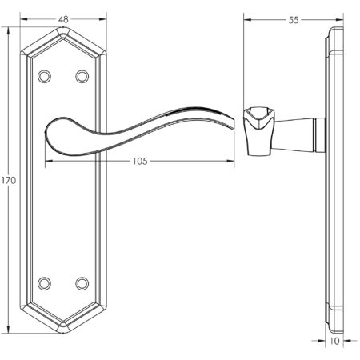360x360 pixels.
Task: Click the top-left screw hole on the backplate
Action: point(45,76)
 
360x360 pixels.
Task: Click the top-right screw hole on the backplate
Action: point(82,76)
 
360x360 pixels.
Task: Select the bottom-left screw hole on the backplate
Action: point(45,282)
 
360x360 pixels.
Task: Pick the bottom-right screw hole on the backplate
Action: point(82,282)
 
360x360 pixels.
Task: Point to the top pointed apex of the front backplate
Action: point(63,30)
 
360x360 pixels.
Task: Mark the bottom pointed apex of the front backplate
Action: point(63,330)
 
